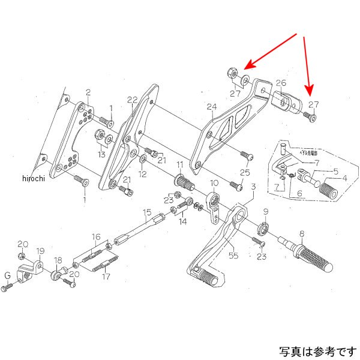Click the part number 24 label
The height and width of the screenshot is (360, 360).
[211, 108]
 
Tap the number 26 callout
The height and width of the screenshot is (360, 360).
[281, 83]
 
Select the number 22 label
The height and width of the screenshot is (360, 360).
[133, 100]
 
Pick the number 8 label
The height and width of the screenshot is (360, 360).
[302, 233]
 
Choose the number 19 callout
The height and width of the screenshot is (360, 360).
[40, 251]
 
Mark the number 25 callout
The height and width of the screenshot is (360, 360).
[244, 173]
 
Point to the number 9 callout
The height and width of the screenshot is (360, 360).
[266, 211]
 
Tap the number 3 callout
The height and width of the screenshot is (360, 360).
[254, 187]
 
